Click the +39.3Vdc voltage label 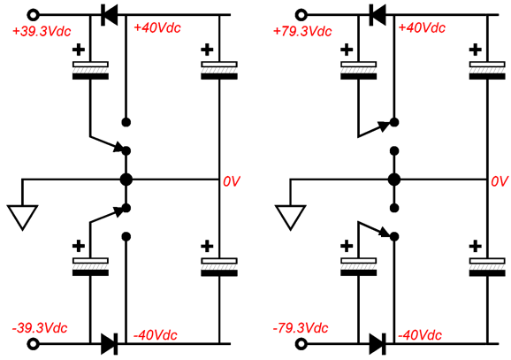(42, 31)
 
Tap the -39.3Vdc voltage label (40, 328)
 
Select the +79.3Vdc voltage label (302, 31)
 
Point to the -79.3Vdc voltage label (301, 328)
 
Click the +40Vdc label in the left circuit (157, 27)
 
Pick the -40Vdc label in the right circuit (420, 335)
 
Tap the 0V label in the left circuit (232, 181)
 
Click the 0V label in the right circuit (500, 181)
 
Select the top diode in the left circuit (109, 15)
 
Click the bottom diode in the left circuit (109, 344)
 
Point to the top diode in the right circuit (378, 15)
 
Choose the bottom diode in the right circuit (378, 344)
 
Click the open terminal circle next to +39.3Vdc (33, 15)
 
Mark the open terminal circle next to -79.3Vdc (301, 344)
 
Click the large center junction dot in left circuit (126, 180)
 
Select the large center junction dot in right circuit (394, 180)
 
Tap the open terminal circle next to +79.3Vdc (301, 15)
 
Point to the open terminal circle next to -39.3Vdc (33, 344)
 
